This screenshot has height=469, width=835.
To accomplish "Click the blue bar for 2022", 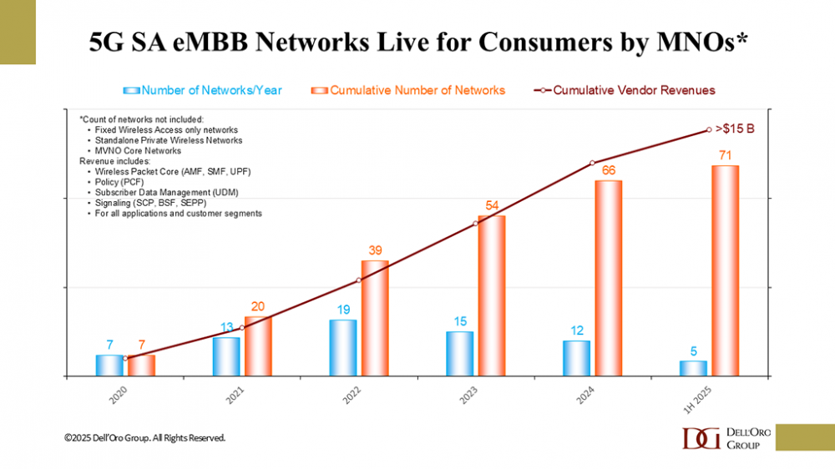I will [342, 347].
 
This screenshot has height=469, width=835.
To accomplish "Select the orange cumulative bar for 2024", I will [609, 278].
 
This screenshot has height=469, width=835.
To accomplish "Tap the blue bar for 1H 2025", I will [693, 368].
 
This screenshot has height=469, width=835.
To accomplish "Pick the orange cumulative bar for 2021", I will [258, 345].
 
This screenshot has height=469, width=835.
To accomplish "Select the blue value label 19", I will [342, 310].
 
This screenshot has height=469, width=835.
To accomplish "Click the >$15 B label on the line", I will [736, 129].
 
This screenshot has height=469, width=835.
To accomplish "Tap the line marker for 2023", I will [475, 223].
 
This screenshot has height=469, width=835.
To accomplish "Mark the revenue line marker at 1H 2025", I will [709, 129].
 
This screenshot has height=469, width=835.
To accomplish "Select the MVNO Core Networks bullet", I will [133, 150].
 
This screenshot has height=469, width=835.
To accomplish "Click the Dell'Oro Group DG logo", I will [700, 437].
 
